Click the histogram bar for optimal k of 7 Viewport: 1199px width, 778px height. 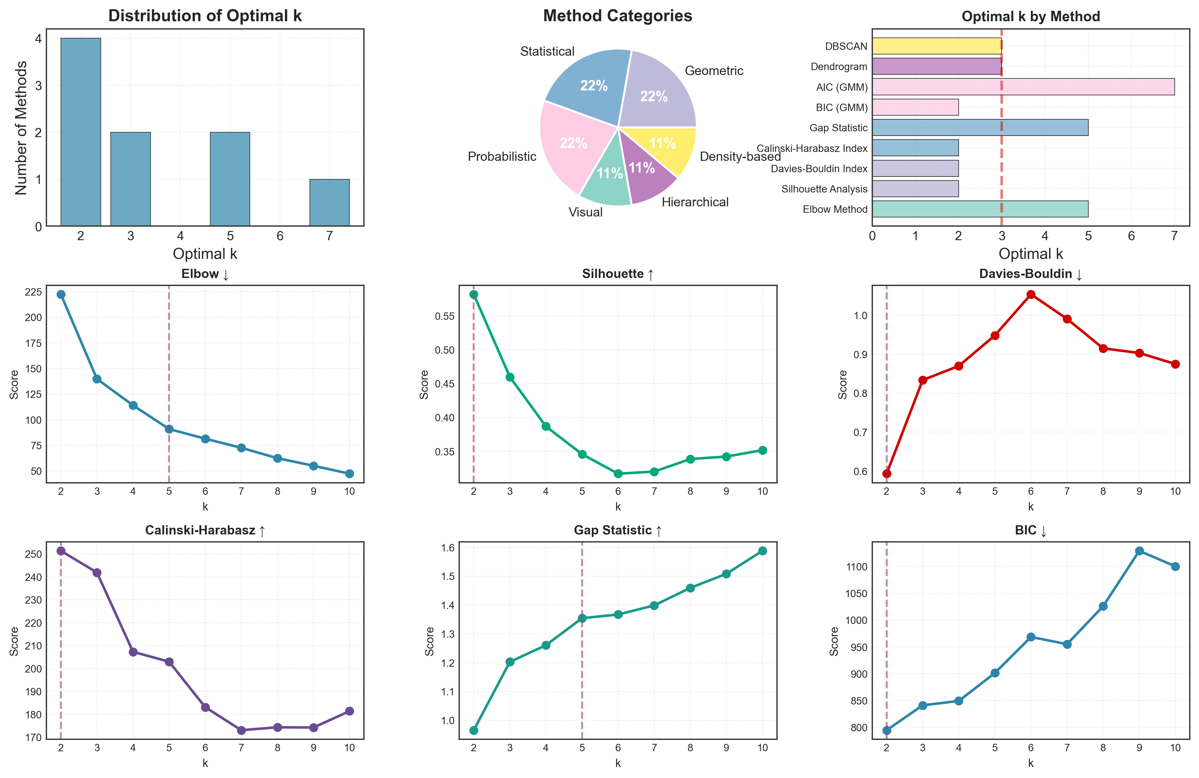(x=329, y=203)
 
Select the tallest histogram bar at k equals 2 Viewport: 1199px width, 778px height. (x=81, y=132)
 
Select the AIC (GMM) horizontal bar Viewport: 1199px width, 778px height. (x=1023, y=87)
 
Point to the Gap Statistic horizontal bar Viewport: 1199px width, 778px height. (x=980, y=128)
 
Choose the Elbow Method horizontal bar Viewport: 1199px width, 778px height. (x=980, y=209)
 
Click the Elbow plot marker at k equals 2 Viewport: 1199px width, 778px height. (x=61, y=294)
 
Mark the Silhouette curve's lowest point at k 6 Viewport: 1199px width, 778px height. (x=618, y=474)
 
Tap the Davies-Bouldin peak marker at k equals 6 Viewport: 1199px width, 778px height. (x=1031, y=294)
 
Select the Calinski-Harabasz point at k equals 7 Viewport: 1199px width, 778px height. (x=241, y=730)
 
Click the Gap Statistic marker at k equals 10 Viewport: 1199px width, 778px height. (x=762, y=551)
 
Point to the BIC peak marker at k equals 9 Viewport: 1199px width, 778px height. (x=1139, y=551)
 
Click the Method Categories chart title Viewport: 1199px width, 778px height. (x=618, y=16)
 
